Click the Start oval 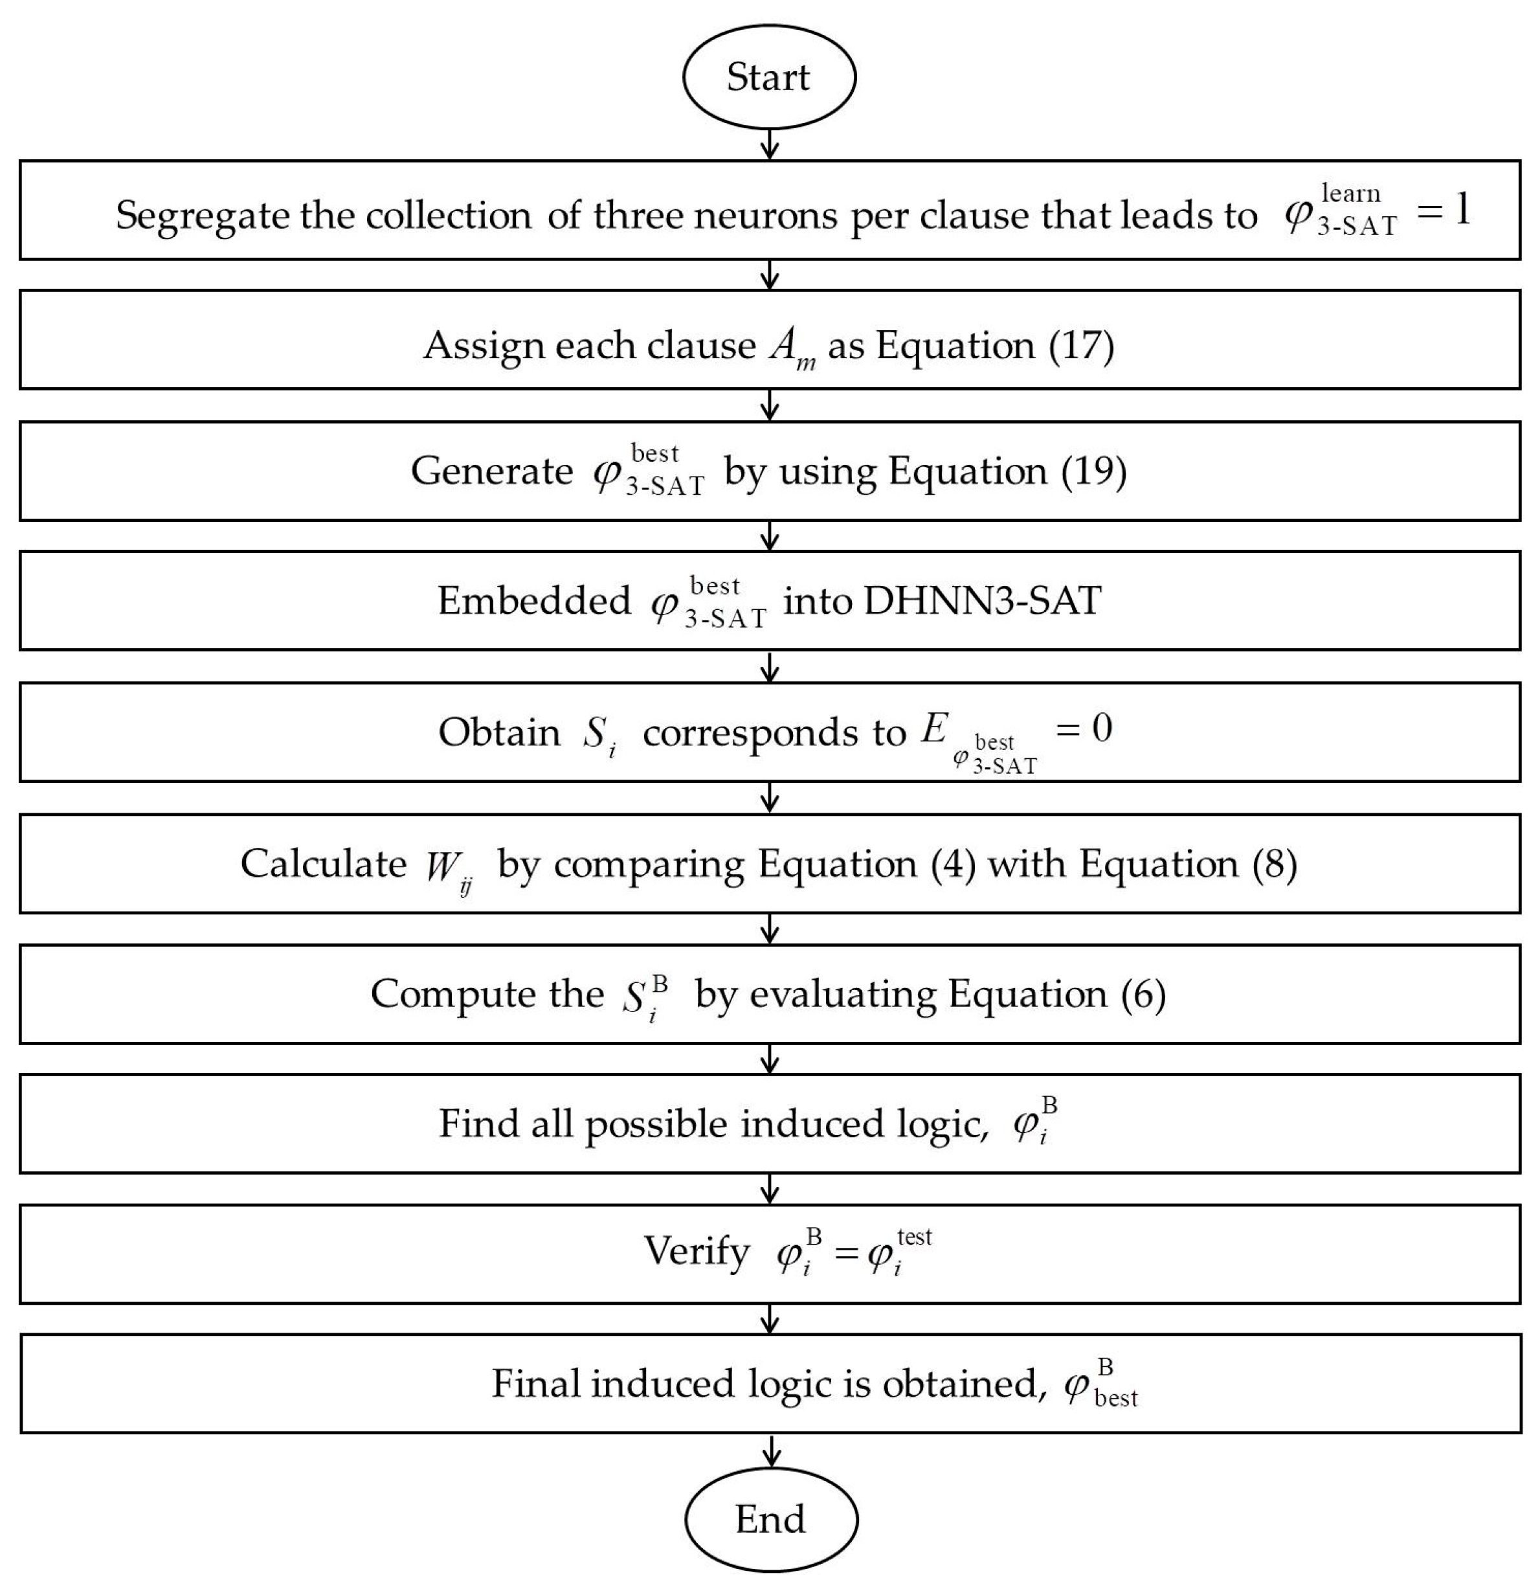tap(768, 77)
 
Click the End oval tap(770, 1518)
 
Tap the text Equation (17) tap(995, 346)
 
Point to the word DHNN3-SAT tap(982, 602)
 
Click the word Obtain tap(498, 733)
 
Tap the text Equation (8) tap(1187, 864)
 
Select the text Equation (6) tap(1056, 995)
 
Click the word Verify tap(696, 1251)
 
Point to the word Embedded tap(533, 602)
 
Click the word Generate tap(491, 471)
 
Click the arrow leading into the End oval tap(772, 1450)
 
